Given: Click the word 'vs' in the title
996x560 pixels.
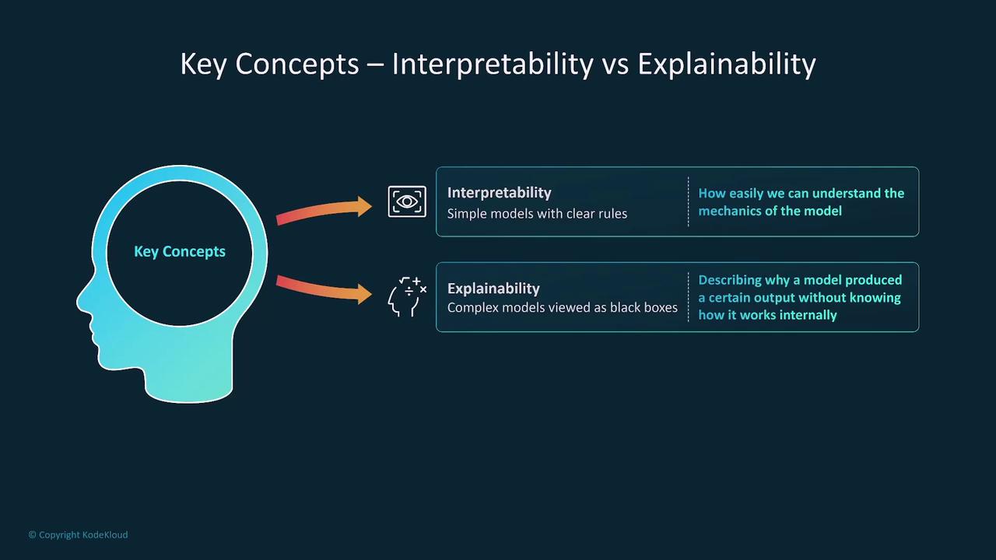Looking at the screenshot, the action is coord(615,65).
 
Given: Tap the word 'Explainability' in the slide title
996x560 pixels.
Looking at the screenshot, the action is coord(727,65).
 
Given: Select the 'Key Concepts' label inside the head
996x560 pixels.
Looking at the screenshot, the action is coord(180,251).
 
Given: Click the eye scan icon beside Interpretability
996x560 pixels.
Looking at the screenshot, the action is coord(407,201).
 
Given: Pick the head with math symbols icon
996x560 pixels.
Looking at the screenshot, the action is coord(407,296).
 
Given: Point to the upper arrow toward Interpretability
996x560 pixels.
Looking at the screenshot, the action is coord(324,210).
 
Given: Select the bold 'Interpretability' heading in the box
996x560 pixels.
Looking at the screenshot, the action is coord(500,193).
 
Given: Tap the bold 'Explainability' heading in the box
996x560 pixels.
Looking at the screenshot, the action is coord(493,289).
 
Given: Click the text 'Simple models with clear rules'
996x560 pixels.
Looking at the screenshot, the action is coord(537,214).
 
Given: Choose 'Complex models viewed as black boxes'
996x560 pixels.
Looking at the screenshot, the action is coord(563,307).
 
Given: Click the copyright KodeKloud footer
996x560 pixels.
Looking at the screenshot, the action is coord(79,534).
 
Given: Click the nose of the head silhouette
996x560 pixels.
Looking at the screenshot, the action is coord(81,303).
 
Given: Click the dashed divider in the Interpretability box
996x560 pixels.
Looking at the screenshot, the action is coord(689,201).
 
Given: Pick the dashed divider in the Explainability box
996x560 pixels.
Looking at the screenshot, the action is coord(689,297).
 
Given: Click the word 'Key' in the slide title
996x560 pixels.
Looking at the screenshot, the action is coord(203,65).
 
